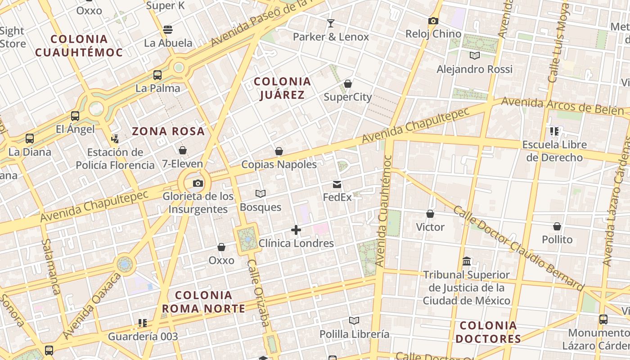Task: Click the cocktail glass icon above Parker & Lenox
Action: (x=331, y=23)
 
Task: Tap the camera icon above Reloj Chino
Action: (x=433, y=21)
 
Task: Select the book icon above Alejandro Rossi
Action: (x=474, y=55)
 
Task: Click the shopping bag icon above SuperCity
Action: (x=347, y=84)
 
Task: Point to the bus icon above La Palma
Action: (x=157, y=75)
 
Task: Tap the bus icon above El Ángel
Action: (x=75, y=116)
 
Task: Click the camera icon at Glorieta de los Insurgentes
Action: (x=198, y=183)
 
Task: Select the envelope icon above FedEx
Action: (x=337, y=184)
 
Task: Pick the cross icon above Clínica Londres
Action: (x=296, y=230)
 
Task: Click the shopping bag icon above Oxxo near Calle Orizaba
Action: (x=221, y=247)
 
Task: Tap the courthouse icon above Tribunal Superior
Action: (x=466, y=261)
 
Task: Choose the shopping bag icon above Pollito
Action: (x=557, y=226)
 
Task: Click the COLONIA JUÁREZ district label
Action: (x=282, y=88)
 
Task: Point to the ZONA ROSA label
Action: (x=168, y=131)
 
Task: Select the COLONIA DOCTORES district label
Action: (x=488, y=332)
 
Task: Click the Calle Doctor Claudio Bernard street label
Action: (x=518, y=248)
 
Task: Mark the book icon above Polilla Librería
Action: (x=354, y=320)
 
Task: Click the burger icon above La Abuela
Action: (x=168, y=30)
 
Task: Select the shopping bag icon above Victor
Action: (x=430, y=214)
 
